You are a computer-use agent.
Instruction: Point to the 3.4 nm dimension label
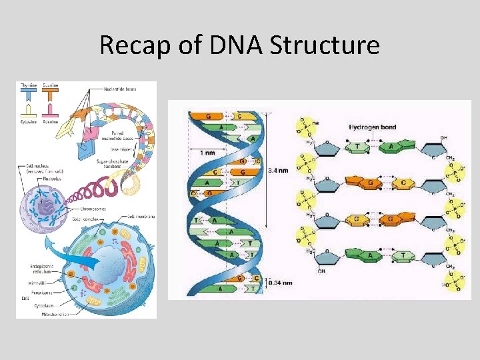[x=278, y=170]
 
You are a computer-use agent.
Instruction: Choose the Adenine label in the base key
[x=51, y=122]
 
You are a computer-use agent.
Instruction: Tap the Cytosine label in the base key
[x=29, y=122]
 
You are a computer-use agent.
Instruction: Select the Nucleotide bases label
[x=122, y=89]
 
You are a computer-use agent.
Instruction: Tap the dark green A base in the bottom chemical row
[x=371, y=254]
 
